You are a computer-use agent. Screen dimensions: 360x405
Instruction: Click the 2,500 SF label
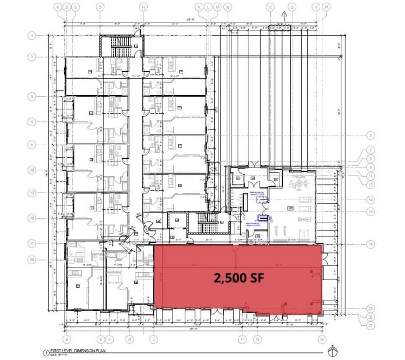[239, 278]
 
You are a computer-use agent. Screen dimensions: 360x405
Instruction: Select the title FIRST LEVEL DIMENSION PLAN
[86, 352]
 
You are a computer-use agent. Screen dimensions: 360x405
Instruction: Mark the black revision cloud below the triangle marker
[283, 24]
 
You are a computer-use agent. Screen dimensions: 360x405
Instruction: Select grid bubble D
[100, 7]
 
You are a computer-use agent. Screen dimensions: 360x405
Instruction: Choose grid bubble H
[143, 7]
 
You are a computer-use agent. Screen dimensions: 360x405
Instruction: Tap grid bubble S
[270, 7]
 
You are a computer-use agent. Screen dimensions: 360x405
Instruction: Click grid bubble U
[292, 7]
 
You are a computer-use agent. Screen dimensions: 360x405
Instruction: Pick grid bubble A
[58, 7]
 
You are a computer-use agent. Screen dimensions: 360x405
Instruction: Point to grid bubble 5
[371, 135]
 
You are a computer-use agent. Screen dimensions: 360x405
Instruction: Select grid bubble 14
[371, 199]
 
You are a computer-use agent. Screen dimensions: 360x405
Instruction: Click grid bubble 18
[371, 245]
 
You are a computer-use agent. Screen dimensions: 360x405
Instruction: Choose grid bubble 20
[32, 260]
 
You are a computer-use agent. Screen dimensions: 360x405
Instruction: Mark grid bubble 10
[32, 170]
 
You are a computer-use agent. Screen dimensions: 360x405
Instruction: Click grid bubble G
[129, 340]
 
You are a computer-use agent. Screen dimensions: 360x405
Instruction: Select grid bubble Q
[258, 340]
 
